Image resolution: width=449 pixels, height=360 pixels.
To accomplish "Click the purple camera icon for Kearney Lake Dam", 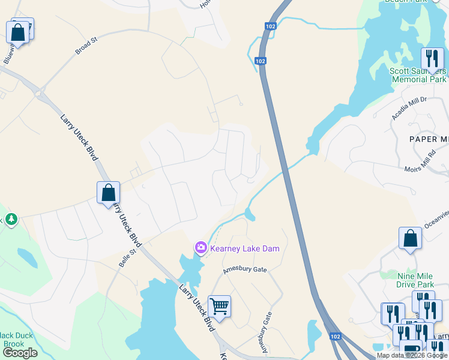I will [200, 247].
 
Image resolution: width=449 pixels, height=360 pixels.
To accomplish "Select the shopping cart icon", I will [220, 307].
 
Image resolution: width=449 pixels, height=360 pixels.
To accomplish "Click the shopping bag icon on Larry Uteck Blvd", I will [108, 193].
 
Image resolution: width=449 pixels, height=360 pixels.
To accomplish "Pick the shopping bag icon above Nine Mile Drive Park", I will [410, 239].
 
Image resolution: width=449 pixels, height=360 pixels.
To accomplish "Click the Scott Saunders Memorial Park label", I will [418, 75].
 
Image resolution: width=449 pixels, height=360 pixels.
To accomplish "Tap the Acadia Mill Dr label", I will [409, 108].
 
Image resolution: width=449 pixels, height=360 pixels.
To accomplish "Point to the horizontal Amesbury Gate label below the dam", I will [244, 270].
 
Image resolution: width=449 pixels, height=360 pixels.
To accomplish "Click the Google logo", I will [20, 353].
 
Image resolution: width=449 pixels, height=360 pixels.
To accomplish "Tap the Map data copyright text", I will [412, 355].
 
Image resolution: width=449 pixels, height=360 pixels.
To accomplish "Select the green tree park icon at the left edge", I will [10, 220].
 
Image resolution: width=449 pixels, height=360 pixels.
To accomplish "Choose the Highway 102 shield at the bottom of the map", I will [336, 337].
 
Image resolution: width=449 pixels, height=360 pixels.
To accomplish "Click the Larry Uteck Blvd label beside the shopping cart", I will [196, 307].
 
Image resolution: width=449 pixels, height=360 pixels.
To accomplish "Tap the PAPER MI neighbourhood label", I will [429, 139].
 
